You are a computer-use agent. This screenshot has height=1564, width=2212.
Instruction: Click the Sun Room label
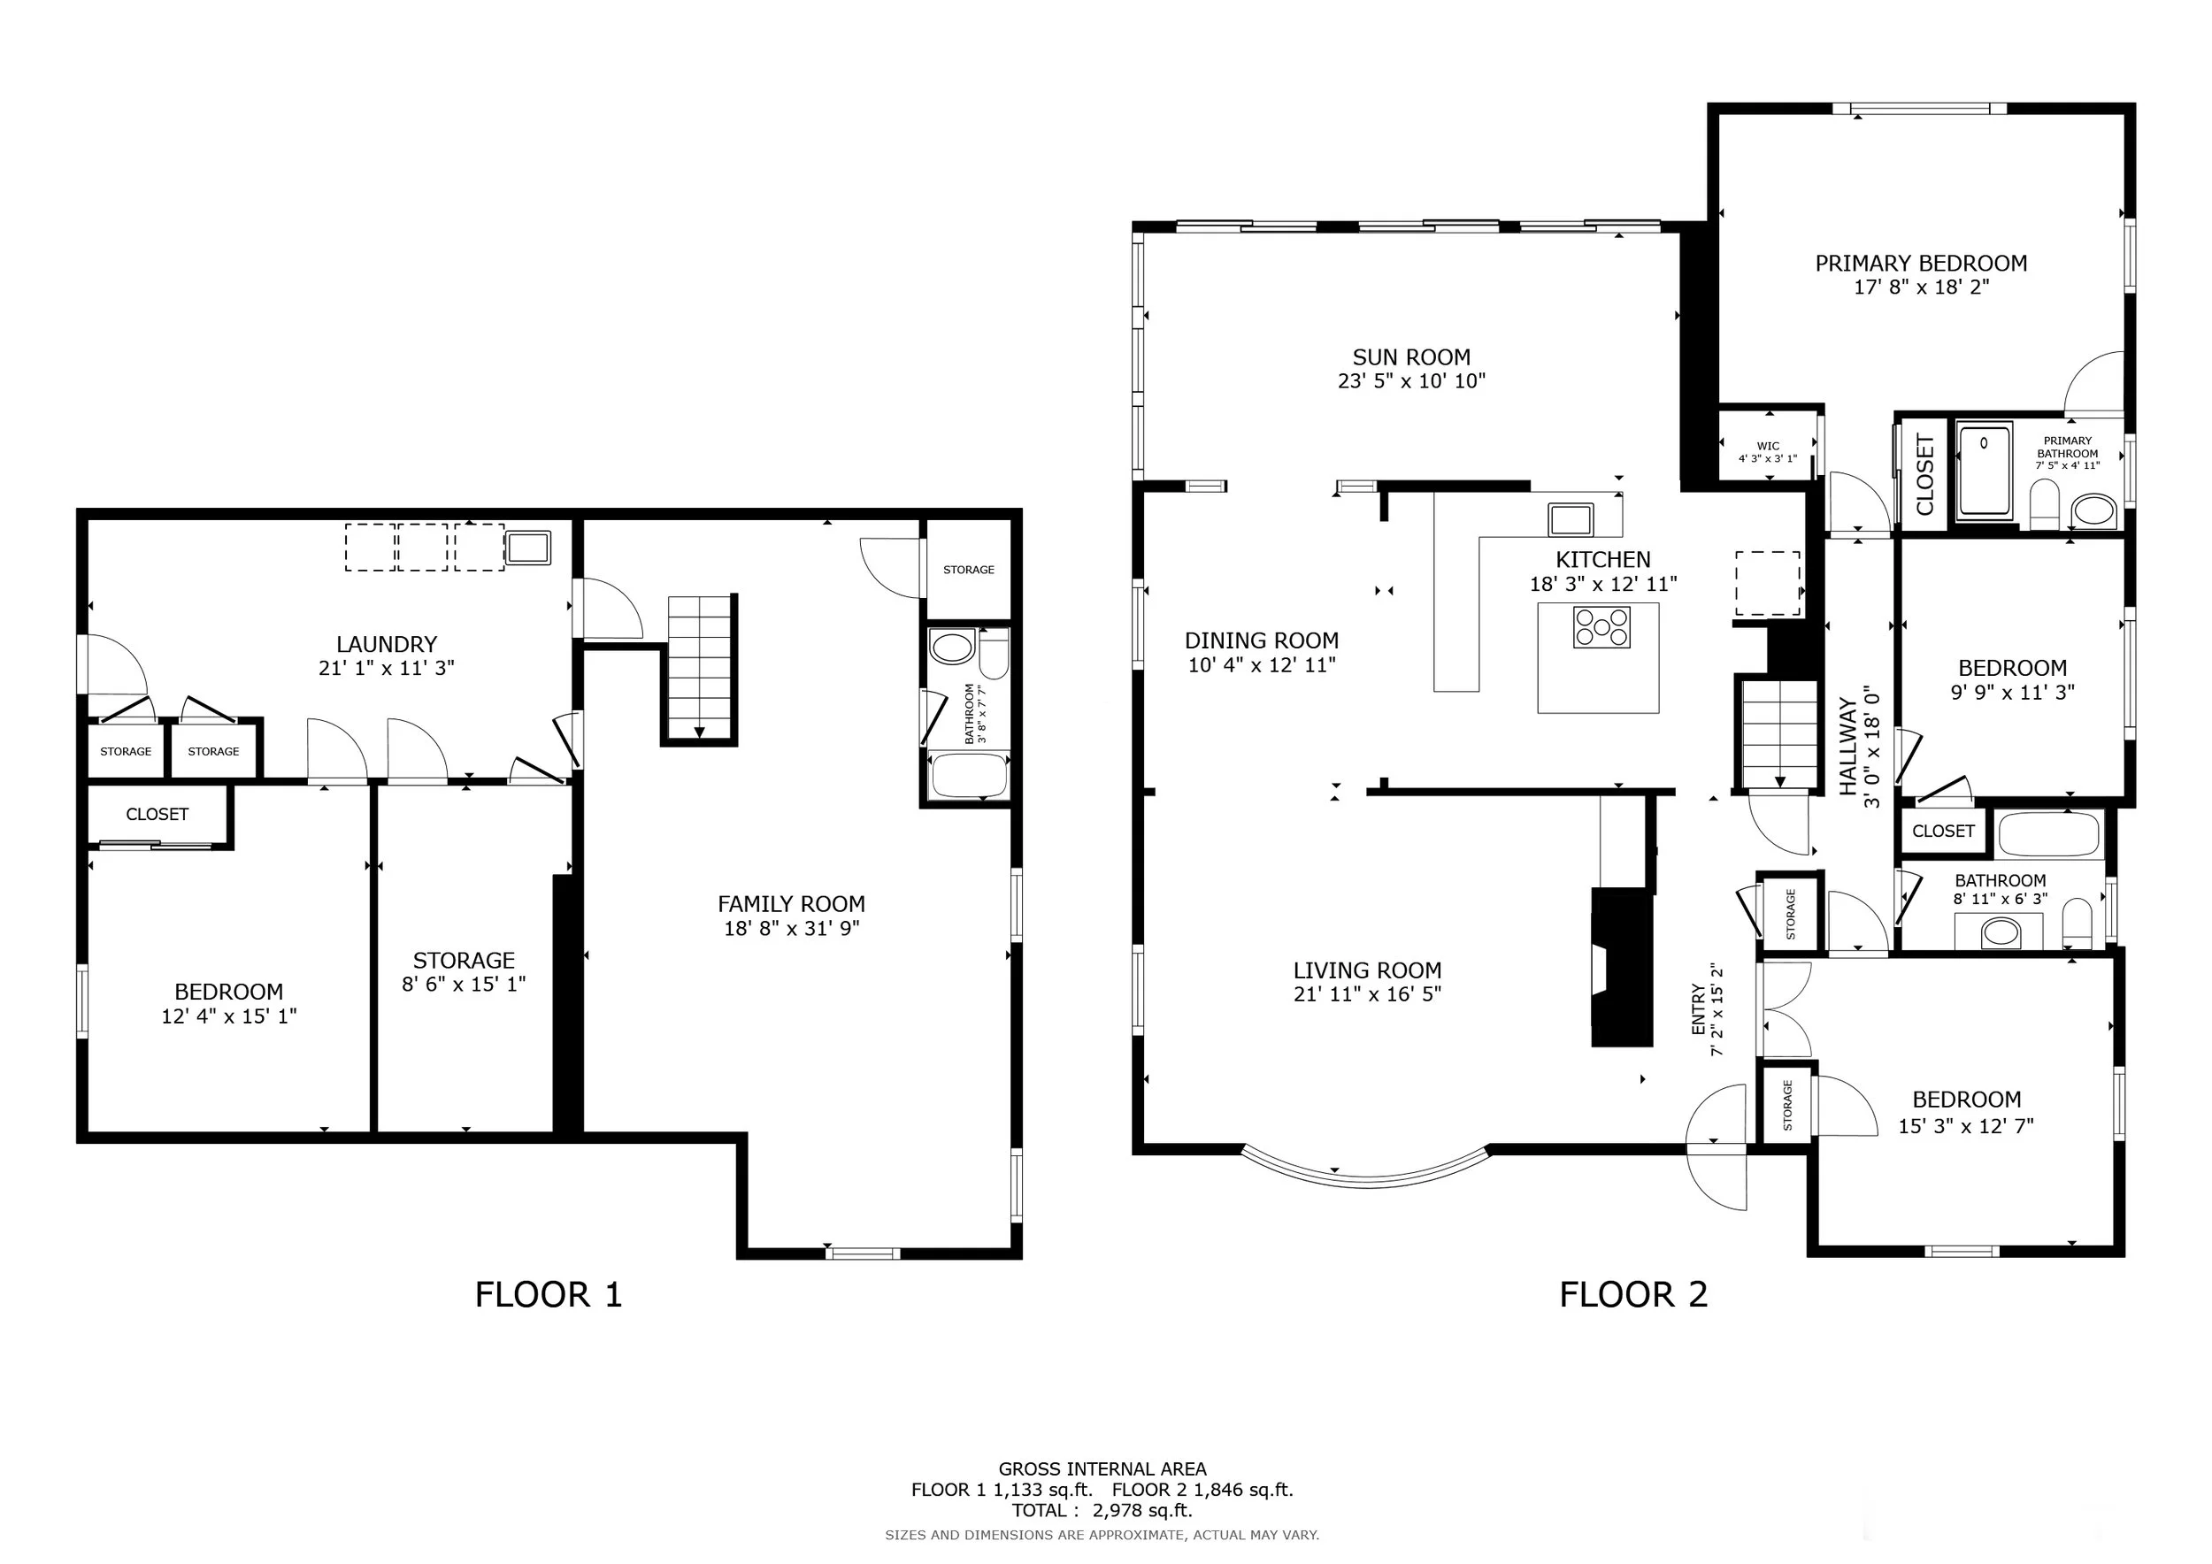pos(1410,358)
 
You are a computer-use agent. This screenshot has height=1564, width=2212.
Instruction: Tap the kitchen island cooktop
pos(1601,628)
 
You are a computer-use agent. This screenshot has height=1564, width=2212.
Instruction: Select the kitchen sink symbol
pos(1571,520)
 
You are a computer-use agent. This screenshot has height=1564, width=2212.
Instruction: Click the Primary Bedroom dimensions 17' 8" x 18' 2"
pos(1921,287)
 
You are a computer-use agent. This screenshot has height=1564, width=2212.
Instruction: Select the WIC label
pos(1768,446)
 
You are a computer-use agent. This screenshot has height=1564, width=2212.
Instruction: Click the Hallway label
pos(1847,747)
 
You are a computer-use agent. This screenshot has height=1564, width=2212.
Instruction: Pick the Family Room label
pos(791,904)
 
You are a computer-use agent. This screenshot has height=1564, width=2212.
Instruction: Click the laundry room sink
pos(528,548)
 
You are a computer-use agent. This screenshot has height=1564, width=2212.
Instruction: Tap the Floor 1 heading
pos(549,1294)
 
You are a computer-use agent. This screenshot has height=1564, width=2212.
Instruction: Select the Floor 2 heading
pos(1633,1294)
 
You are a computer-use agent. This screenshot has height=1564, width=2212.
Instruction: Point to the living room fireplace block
pos(1622,968)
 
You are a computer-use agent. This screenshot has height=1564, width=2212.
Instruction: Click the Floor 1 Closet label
pos(157,815)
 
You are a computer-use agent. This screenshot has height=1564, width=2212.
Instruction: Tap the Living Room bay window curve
pos(1366,1177)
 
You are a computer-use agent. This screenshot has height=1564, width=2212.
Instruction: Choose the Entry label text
pos(1699,1009)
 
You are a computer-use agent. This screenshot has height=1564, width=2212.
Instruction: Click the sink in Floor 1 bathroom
pos(952,648)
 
